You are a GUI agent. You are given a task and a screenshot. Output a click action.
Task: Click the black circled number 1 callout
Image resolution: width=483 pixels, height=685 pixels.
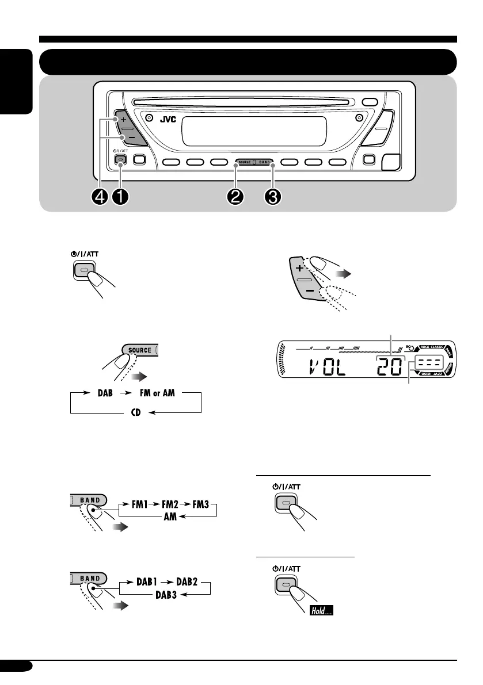(x=121, y=197)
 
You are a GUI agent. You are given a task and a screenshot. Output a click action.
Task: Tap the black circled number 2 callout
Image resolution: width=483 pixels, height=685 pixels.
(x=235, y=197)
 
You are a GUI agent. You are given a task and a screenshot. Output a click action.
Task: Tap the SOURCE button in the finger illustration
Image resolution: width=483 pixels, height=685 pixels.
(x=140, y=350)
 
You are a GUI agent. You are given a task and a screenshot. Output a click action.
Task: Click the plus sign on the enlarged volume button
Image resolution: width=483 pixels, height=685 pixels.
(x=299, y=269)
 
